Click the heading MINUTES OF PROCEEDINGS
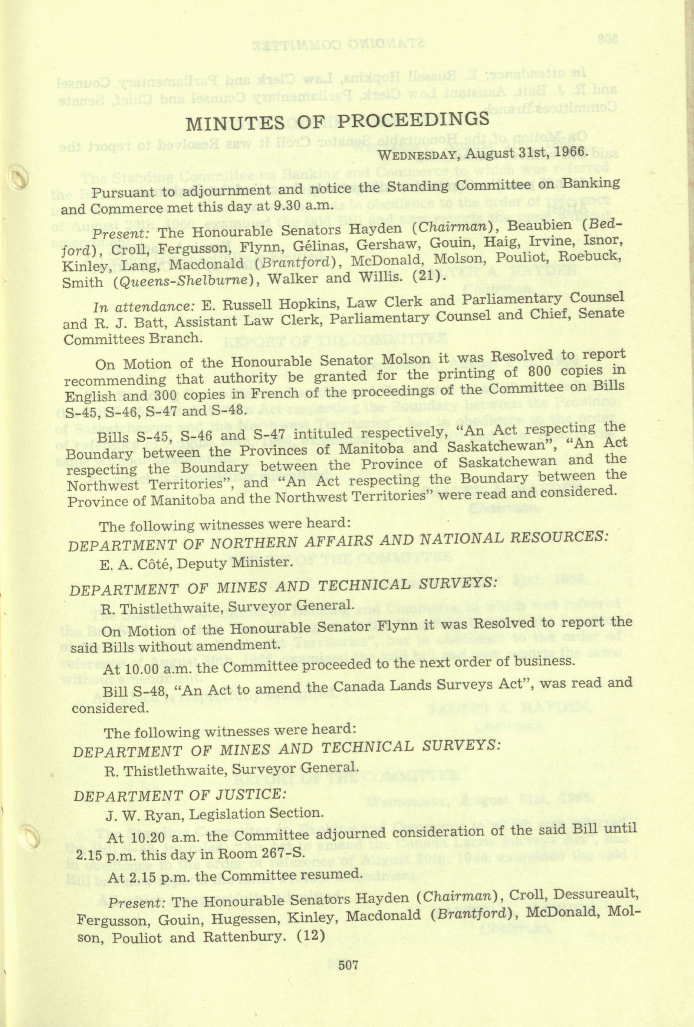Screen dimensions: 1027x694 tap(338, 122)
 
